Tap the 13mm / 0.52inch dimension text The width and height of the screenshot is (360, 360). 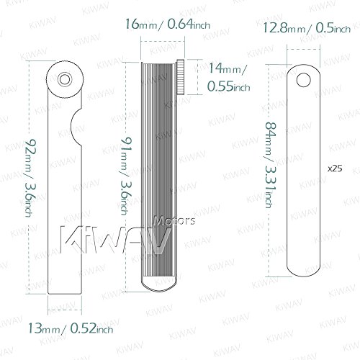click(x=71, y=330)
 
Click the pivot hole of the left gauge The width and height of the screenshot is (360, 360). click(x=67, y=77)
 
